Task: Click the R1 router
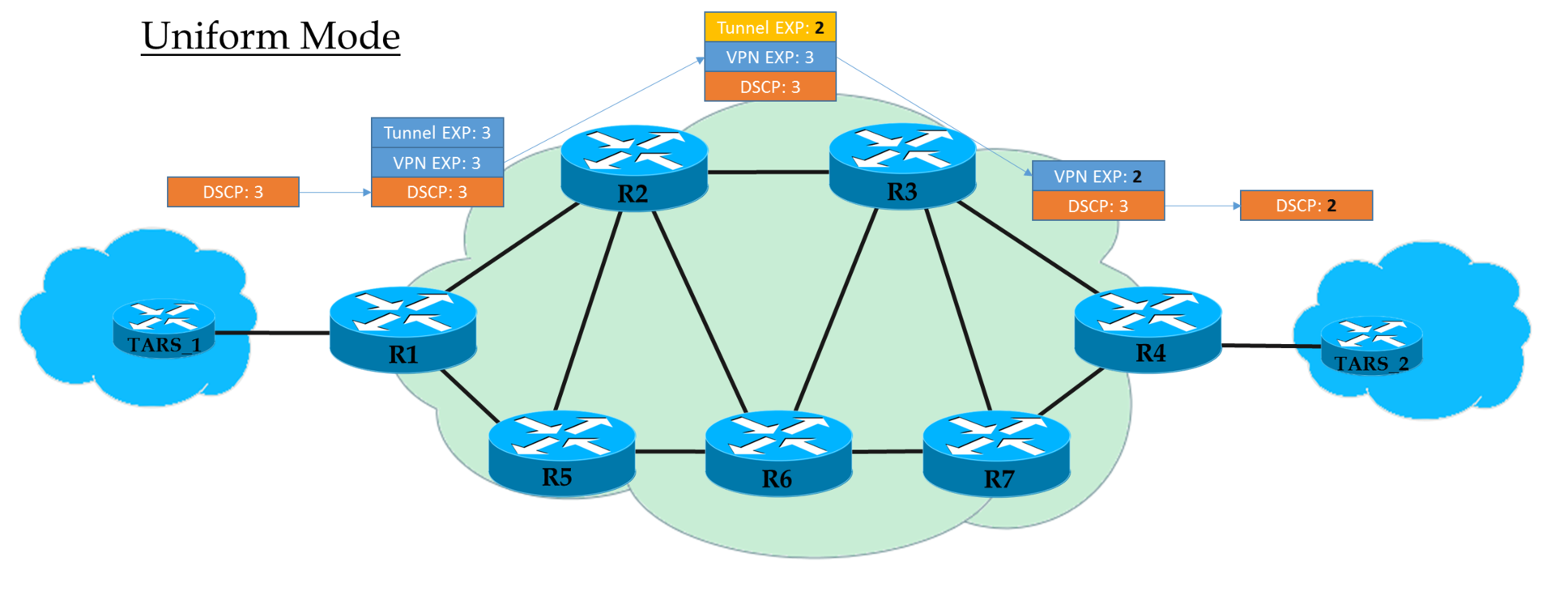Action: [403, 329]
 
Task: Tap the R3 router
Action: [902, 166]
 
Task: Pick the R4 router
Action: [1148, 328]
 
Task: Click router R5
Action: [561, 452]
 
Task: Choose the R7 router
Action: [996, 453]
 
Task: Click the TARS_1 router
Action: [164, 328]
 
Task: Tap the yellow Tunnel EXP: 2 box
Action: [770, 28]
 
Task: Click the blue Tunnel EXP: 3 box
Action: [437, 133]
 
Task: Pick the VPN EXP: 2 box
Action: [1098, 177]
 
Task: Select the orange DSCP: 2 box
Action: [1306, 206]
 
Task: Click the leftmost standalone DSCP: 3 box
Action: [233, 192]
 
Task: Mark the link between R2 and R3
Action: [769, 172]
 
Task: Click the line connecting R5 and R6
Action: [670, 451]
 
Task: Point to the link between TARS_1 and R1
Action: [271, 332]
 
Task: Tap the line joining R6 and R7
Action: [888, 452]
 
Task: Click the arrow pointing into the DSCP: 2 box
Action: [1202, 206]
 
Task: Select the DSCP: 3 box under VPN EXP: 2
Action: [1098, 206]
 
